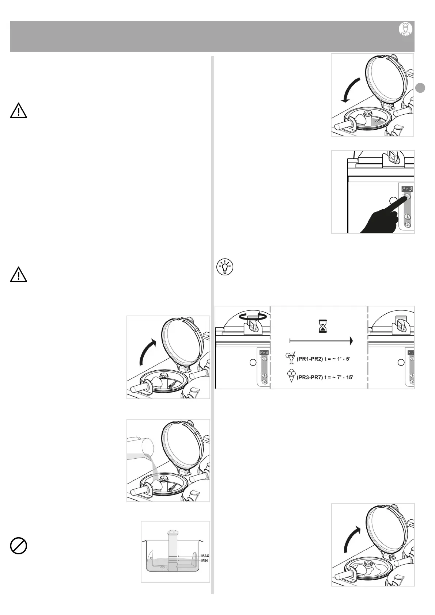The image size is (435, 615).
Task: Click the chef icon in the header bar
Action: tap(405, 29)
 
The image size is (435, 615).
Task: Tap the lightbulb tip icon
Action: tap(225, 267)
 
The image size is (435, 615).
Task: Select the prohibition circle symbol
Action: tap(18, 546)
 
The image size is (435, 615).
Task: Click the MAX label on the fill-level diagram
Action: tap(205, 555)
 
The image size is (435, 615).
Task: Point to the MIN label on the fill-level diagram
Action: tap(204, 560)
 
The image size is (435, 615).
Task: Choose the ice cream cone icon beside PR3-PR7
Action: tap(291, 376)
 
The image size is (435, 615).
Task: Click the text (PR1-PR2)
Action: tap(309, 359)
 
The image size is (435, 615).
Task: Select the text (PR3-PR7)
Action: tap(309, 377)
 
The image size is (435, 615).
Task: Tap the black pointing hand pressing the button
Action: tap(380, 217)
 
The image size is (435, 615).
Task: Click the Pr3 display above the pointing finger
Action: tap(407, 189)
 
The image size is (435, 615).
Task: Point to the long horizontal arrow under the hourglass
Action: tap(321, 341)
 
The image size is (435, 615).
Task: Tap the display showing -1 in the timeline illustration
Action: tap(411, 352)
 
